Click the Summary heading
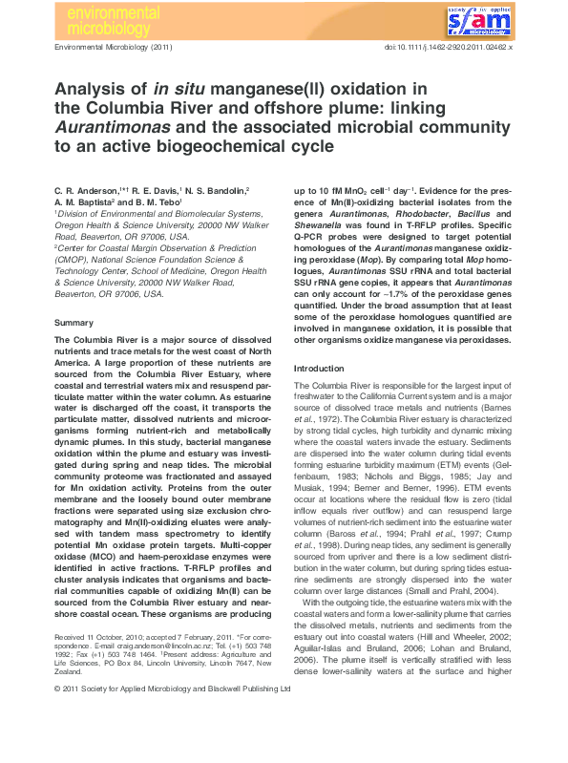pyautogui.click(x=74, y=324)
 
